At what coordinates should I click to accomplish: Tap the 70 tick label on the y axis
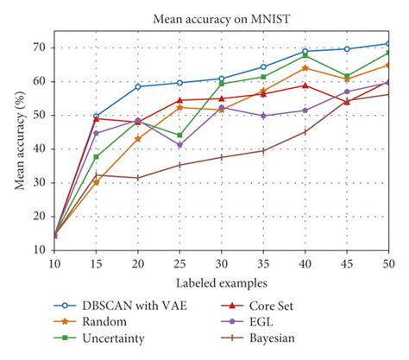pyautogui.click(x=39, y=47)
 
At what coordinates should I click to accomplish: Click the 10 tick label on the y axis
pyautogui.click(x=39, y=250)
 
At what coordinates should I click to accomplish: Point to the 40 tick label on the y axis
pyautogui.click(x=39, y=148)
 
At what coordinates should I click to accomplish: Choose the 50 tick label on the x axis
pyautogui.click(x=388, y=263)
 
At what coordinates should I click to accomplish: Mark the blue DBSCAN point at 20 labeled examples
pyautogui.click(x=137, y=86)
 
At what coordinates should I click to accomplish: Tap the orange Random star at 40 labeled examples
pyautogui.click(x=305, y=67)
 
